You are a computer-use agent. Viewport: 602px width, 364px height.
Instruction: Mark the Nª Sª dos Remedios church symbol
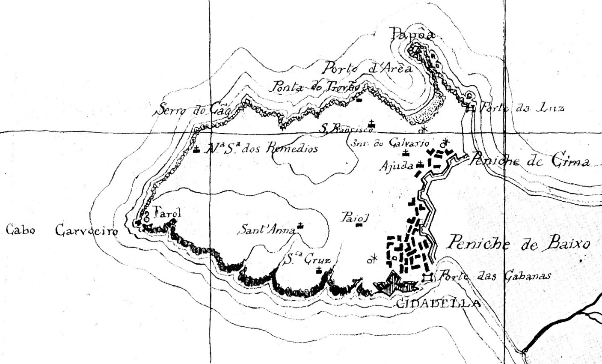[x=196, y=149]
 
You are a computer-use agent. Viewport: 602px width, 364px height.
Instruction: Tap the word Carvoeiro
[x=86, y=231]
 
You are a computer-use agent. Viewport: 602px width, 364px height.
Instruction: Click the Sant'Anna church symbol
[x=301, y=226]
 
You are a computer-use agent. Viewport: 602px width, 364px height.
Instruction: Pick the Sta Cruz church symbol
[x=319, y=270]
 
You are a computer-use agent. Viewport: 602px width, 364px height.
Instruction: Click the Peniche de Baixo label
[x=518, y=244]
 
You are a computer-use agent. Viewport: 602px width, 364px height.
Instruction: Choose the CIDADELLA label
[x=436, y=304]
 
